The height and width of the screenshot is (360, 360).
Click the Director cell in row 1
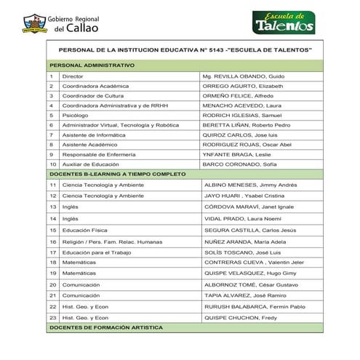click(x=73, y=76)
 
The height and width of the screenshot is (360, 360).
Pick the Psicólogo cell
click(x=76, y=115)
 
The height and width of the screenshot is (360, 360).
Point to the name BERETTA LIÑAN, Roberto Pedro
click(x=247, y=125)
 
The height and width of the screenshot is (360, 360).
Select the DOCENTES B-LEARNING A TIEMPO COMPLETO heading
click(x=117, y=174)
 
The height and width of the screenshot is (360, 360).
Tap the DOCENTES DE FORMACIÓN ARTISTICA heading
click(x=110, y=329)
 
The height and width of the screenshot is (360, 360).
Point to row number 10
click(x=52, y=164)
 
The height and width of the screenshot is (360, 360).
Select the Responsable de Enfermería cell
click(x=97, y=154)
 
